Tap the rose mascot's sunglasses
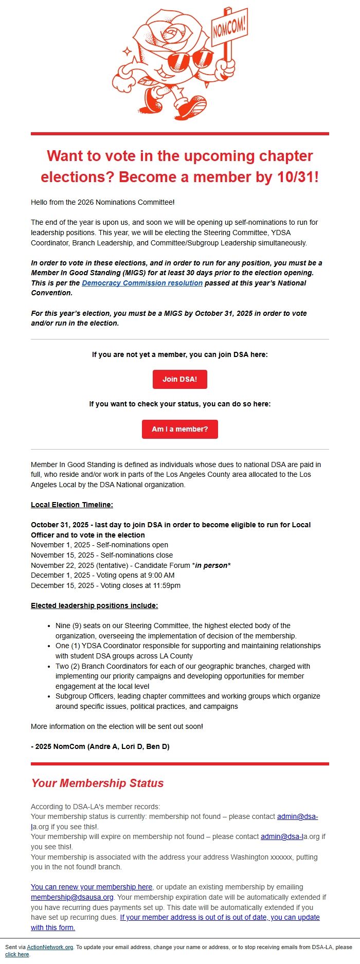click(x=190, y=61)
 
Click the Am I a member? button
click(x=180, y=429)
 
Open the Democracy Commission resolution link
click(x=142, y=283)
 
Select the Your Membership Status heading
click(x=97, y=783)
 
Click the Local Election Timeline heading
click(x=72, y=505)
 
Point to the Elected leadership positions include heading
click(x=94, y=605)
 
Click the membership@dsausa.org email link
click(x=72, y=897)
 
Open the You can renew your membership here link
click(x=92, y=887)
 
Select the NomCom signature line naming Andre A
click(x=100, y=746)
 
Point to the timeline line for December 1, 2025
click(x=102, y=575)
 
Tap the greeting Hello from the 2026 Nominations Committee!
click(x=103, y=202)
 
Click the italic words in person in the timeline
click(x=212, y=565)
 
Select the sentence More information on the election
click(x=117, y=726)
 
